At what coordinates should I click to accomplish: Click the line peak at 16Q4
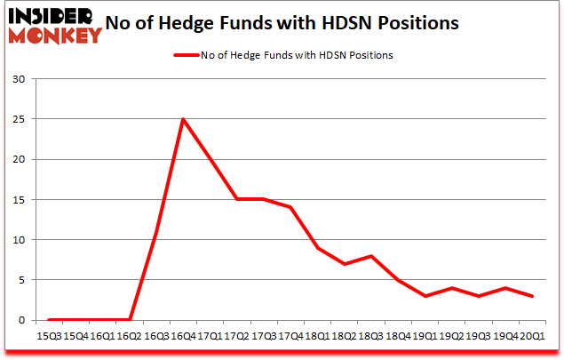click(x=183, y=119)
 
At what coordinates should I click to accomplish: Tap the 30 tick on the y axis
click(x=19, y=80)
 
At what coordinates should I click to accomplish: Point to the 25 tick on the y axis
click(x=19, y=120)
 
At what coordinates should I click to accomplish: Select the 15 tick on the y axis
click(x=19, y=200)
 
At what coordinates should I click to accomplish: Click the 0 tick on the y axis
click(x=22, y=320)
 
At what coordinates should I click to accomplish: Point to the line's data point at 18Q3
click(x=371, y=256)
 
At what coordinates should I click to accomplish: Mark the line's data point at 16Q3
click(x=156, y=232)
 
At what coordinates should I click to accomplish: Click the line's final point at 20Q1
click(x=533, y=296)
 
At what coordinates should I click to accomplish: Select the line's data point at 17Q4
click(x=290, y=208)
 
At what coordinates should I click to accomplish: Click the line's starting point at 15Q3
click(x=49, y=320)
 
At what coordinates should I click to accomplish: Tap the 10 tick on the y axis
click(x=19, y=240)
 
